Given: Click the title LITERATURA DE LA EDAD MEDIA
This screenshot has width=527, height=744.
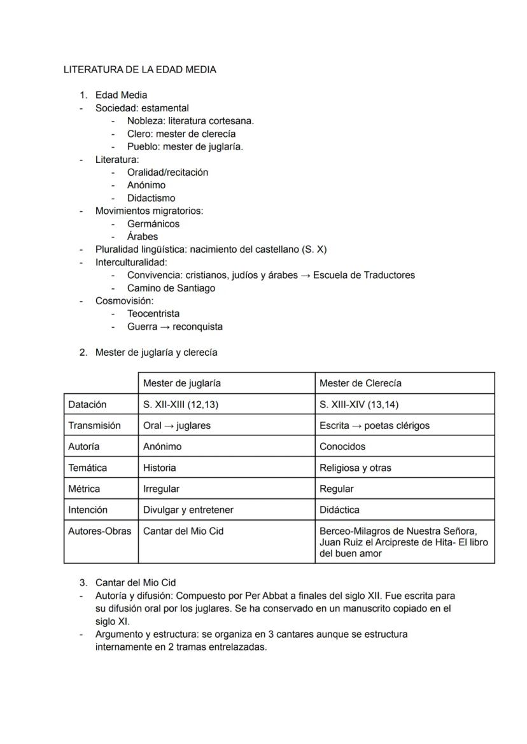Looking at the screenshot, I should tap(140, 70).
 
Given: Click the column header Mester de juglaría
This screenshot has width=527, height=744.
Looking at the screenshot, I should tap(182, 383).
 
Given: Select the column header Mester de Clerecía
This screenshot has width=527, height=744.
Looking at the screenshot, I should tap(360, 383).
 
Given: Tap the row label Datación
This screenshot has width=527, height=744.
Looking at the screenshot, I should tap(87, 404).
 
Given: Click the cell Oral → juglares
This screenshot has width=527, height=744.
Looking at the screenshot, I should tap(176, 425).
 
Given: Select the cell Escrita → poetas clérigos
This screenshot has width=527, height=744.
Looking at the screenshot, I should tap(374, 425).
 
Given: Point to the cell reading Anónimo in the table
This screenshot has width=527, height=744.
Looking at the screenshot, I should tap(162, 446).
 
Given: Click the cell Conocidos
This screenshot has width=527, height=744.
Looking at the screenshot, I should tap(342, 446).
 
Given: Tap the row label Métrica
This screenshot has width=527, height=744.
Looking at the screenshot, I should tap(84, 489).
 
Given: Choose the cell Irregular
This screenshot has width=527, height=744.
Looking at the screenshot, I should tap(161, 489).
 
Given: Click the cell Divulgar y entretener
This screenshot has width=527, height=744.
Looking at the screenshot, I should tap(188, 510).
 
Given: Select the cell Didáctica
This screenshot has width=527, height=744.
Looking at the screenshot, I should tap(339, 510).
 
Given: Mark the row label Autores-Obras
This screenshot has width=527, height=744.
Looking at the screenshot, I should tap(100, 531).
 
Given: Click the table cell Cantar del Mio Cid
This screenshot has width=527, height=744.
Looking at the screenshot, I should tap(183, 531).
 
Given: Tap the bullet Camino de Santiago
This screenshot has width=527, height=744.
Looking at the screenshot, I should tap(171, 288).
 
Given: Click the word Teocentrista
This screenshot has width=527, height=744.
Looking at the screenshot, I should tap(153, 314).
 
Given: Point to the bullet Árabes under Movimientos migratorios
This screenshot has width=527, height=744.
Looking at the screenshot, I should tap(143, 237).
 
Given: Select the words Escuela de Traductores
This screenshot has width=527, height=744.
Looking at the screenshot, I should tap(363, 276).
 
